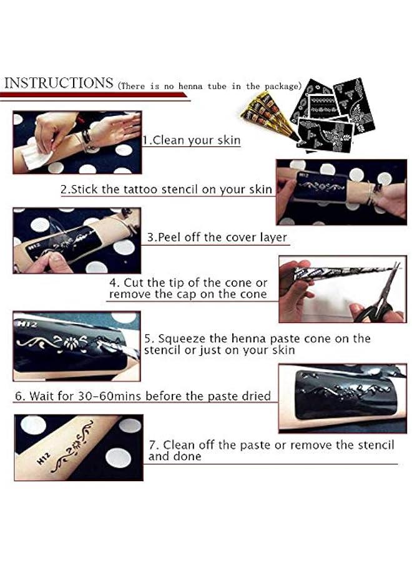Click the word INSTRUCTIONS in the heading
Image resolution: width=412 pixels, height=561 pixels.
(59, 83)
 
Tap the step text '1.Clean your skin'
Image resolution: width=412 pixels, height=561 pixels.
(191, 140)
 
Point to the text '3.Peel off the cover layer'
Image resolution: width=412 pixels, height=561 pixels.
(217, 237)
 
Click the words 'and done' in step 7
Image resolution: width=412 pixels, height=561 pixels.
(175, 456)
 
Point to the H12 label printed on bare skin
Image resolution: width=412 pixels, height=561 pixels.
(43, 458)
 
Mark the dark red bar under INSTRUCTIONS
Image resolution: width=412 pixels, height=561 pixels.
(94, 95)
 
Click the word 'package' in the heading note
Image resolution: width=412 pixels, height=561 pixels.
(282, 86)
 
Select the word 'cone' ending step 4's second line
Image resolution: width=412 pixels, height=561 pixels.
(255, 294)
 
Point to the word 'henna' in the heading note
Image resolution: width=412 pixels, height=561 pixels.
(190, 86)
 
